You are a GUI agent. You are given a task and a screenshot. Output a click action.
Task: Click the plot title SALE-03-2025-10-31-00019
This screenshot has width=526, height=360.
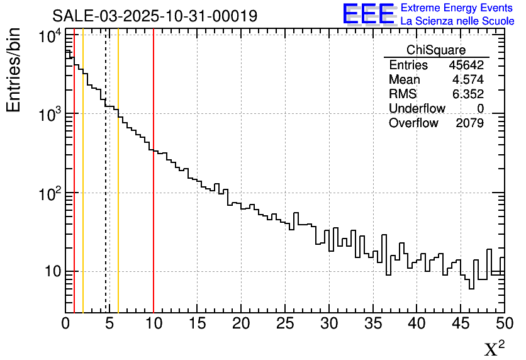(x=154, y=16)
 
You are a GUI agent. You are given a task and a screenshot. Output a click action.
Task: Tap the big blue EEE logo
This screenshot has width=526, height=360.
(x=369, y=14)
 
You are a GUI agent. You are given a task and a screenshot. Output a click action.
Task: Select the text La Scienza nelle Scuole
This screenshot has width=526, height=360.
(x=457, y=21)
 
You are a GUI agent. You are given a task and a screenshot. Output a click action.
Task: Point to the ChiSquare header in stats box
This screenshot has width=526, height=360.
(x=436, y=50)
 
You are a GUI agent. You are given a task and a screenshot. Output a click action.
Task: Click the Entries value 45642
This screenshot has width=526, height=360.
(x=466, y=65)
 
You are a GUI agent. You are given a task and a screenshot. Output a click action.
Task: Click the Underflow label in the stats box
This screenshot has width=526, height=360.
(x=417, y=109)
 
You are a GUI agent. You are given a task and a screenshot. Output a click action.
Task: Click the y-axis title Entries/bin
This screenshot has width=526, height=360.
(x=14, y=70)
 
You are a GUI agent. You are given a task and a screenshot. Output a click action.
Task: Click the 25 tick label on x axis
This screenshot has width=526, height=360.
(x=286, y=323)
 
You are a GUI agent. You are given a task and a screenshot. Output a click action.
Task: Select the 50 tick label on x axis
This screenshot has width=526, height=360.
(x=503, y=323)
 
